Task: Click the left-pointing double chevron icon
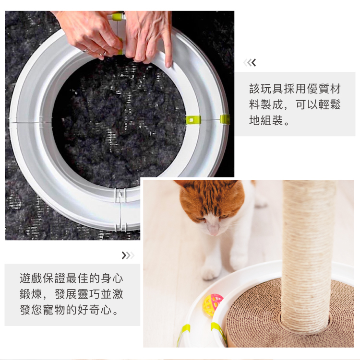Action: (250, 62)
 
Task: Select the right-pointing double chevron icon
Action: (128, 255)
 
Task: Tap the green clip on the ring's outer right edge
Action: (225, 119)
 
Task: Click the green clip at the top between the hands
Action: (117, 16)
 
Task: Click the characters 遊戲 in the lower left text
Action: (31, 278)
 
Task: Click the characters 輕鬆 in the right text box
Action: (329, 105)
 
